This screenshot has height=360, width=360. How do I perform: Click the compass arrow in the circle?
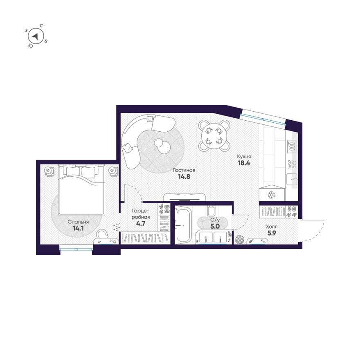coord(35,36)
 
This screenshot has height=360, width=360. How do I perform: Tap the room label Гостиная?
coord(184,170)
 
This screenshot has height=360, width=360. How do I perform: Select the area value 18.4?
coord(244,163)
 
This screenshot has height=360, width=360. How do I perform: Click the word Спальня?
coord(78,222)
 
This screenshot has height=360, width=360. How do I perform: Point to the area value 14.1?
coord(78,228)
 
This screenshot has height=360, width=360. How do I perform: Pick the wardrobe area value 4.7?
coord(141,223)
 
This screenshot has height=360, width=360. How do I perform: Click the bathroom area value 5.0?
coord(215,226)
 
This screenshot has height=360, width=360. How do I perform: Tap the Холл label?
coord(272,227)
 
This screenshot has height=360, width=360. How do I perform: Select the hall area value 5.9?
coord(272,233)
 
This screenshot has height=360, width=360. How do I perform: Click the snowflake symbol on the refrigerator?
coord(272,195)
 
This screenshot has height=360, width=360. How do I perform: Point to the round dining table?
coord(214,136)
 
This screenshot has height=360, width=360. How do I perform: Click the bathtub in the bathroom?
coord(183,224)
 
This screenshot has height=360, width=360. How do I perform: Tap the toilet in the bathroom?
coord(211,211)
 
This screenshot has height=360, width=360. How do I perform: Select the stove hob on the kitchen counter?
coord(292,146)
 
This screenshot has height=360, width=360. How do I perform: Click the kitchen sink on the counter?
coord(292,179)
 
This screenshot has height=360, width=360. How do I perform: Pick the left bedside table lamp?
coord(48,171)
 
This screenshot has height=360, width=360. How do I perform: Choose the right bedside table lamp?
coord(112,171)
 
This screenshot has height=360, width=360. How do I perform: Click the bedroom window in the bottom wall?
coord(76,249)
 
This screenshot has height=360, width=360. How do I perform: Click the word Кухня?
coord(244,157)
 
